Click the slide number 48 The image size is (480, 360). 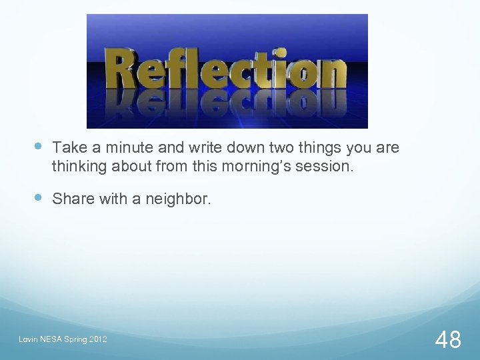[x=448, y=340]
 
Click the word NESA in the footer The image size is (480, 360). [x=52, y=341]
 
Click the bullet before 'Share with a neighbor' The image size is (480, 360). [x=38, y=197]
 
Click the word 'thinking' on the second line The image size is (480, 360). [x=79, y=167]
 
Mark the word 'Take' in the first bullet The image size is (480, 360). [x=67, y=147]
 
